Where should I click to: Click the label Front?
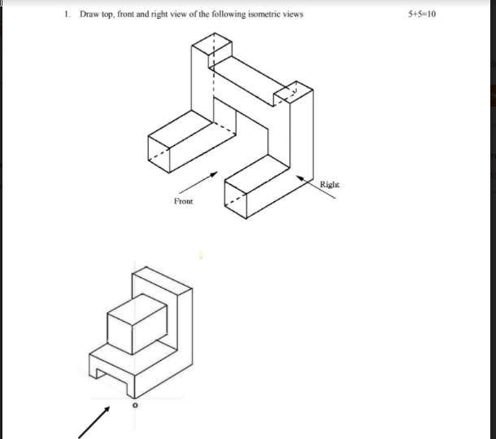pyautogui.click(x=182, y=200)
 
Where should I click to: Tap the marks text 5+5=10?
pyautogui.click(x=424, y=15)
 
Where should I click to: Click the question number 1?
pyautogui.click(x=69, y=15)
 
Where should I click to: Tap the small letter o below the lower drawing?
pyautogui.click(x=136, y=404)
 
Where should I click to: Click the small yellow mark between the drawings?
pyautogui.click(x=202, y=255)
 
